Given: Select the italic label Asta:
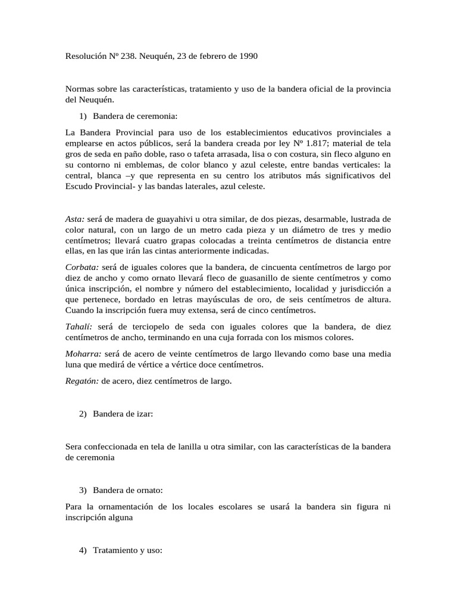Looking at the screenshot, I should click(x=75, y=219).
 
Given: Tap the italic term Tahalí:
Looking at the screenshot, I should click(x=79, y=327).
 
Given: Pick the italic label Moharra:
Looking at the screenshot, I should click(x=83, y=354).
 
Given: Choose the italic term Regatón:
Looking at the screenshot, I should click(x=83, y=381).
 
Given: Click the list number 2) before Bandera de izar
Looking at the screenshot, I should click(x=83, y=414).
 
